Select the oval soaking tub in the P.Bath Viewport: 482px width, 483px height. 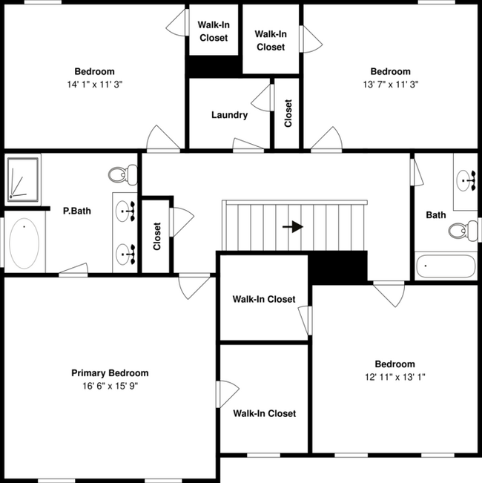click(27, 244)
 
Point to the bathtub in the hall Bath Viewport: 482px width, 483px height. click(445, 266)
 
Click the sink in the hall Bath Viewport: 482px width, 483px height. click(466, 178)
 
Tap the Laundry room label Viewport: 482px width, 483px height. click(229, 115)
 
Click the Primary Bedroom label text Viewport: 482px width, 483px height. click(110, 373)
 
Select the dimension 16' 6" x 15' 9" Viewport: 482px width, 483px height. click(110, 387)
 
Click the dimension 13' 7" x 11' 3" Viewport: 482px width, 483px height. click(390, 85)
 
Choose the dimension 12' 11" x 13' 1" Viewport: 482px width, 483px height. click(394, 377)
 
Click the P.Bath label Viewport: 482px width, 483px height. click(77, 211)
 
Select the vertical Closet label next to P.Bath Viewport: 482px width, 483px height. click(157, 236)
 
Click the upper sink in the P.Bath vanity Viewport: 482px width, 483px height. click(127, 211)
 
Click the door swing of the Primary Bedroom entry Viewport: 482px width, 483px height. click(194, 286)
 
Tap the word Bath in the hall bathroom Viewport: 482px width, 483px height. click(436, 215)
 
